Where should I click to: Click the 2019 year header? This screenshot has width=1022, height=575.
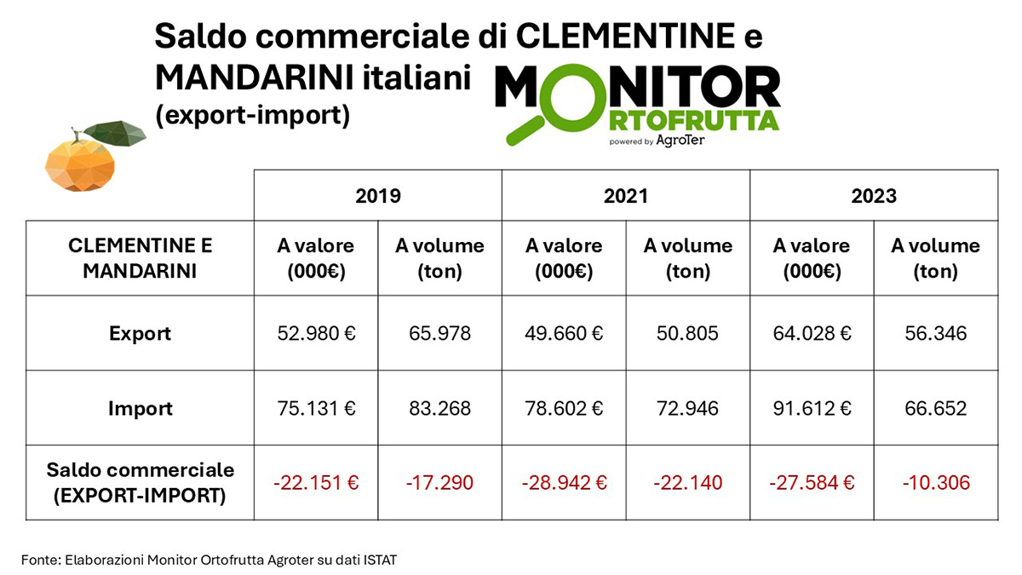click(377, 196)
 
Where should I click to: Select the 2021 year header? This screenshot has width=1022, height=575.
click(626, 196)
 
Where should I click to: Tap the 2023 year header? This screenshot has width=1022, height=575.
click(874, 196)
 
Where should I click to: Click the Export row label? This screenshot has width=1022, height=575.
click(140, 333)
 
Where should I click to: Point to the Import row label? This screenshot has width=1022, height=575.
click(140, 408)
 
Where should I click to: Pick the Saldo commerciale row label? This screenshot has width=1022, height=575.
click(140, 482)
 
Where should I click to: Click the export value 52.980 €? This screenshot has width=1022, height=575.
click(315, 333)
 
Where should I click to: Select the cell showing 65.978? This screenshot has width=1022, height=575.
click(439, 333)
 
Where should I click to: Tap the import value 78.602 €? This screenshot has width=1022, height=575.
click(564, 408)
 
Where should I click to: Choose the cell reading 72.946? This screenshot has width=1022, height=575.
click(687, 408)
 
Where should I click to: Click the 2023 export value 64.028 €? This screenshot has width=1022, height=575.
click(812, 333)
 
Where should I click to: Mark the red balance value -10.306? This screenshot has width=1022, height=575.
click(935, 483)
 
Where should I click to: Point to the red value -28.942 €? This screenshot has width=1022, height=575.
click(564, 483)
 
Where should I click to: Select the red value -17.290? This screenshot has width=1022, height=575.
click(439, 483)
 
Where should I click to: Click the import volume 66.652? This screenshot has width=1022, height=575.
click(935, 408)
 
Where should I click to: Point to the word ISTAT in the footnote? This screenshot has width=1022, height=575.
click(380, 560)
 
